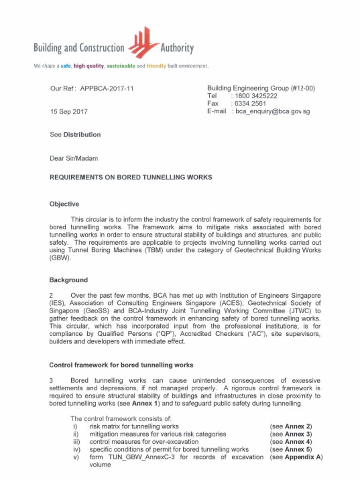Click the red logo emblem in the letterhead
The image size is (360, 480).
143,43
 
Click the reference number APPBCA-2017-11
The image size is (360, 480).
107,88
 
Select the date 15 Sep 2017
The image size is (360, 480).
68,112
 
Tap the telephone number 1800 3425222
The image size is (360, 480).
256,96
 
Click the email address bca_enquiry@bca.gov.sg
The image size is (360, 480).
272,112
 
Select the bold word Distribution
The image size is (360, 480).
82,135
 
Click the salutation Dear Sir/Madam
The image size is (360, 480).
74,158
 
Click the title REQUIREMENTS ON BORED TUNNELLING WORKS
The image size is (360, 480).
131,177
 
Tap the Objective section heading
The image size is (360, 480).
64,204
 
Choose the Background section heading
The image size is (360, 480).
68,280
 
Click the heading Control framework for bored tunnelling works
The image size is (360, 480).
121,365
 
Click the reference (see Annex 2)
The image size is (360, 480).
291,427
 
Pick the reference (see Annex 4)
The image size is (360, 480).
291,442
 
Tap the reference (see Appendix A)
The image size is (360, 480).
296,457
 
